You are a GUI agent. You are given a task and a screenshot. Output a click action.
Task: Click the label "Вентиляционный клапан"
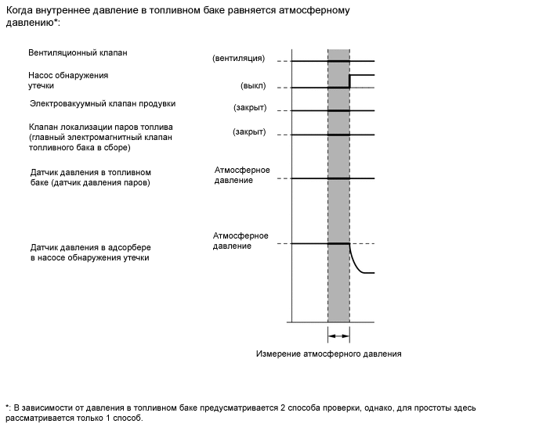[77, 53]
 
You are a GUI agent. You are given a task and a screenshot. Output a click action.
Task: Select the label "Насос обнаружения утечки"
[68, 81]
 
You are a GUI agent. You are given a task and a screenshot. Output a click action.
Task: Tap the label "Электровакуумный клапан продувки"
[102, 103]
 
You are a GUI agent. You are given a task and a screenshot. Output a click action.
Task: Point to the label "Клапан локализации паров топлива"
[99, 127]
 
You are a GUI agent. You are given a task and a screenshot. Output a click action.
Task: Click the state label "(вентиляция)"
[238, 59]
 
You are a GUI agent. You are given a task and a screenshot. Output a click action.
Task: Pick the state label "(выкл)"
[252, 86]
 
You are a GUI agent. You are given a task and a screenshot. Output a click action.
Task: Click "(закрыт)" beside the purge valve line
[249, 108]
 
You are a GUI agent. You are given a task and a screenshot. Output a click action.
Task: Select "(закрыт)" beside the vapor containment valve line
[249, 132]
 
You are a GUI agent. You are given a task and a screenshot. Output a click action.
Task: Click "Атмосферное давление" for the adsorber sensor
[241, 241]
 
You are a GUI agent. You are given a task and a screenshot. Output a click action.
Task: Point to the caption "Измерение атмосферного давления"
[328, 354]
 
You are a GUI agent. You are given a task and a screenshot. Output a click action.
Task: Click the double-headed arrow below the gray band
[338, 336]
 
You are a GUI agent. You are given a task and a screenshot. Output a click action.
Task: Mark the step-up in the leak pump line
[349, 81]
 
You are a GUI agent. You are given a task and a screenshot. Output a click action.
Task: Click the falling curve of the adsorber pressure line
[356, 261]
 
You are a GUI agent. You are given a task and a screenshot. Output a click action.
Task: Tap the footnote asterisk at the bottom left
[6, 407]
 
